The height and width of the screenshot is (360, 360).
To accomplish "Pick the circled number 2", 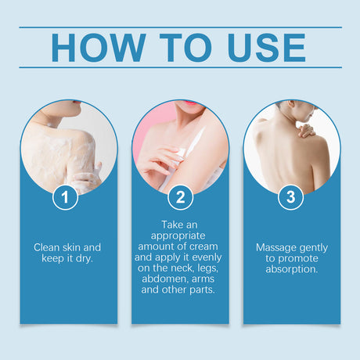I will (180, 197).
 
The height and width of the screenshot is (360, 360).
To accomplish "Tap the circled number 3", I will (291, 197).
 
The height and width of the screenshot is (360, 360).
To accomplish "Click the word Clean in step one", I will (48, 247).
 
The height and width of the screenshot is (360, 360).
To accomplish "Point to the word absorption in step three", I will (292, 270).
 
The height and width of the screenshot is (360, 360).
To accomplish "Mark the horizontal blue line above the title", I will (180, 27).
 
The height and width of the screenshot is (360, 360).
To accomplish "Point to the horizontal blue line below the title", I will (180, 67).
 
